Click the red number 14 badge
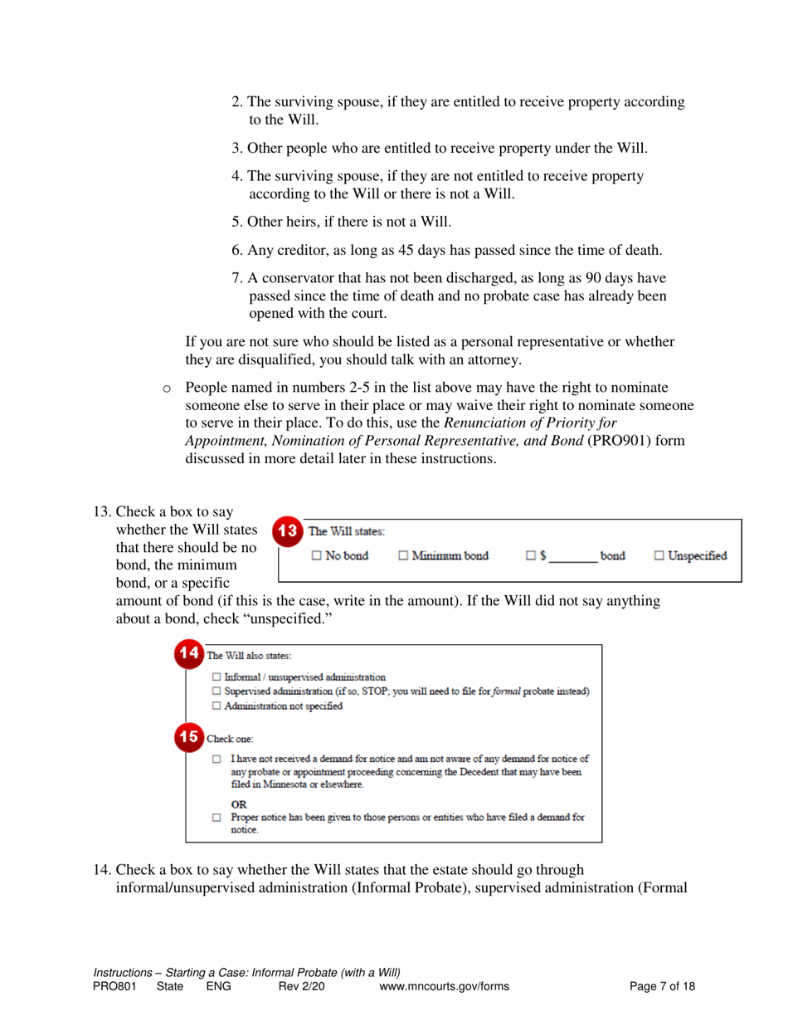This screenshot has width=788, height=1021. (190, 654)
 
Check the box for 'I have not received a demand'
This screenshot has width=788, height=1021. (216, 760)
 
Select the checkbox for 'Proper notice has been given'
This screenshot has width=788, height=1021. (216, 818)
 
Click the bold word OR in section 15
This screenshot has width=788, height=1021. (239, 804)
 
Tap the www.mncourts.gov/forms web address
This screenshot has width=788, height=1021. (444, 986)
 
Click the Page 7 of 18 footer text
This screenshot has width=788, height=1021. (663, 986)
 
